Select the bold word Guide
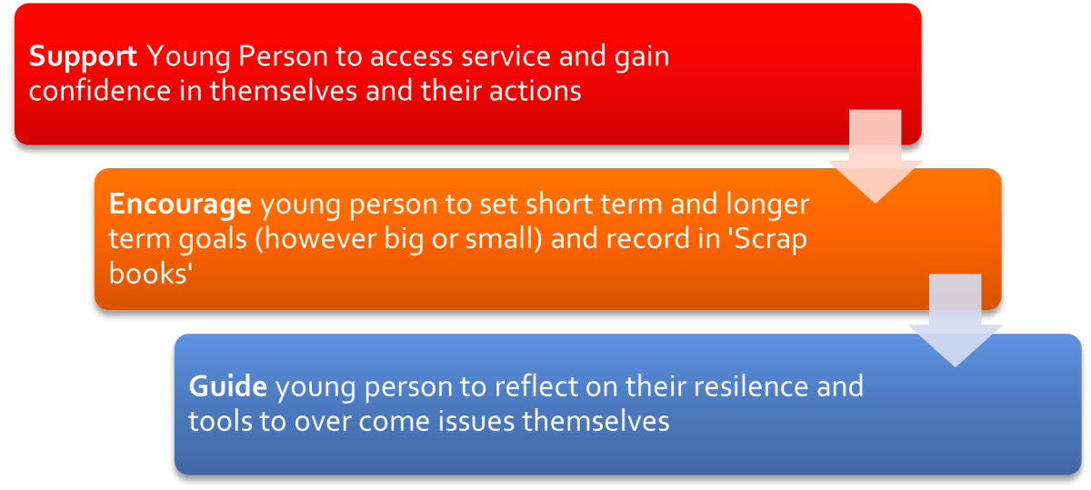(228, 386)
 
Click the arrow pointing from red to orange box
(876, 155)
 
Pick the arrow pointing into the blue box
(956, 320)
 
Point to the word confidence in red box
(100, 91)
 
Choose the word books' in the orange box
(151, 274)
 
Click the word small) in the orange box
(503, 239)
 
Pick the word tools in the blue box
(220, 421)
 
